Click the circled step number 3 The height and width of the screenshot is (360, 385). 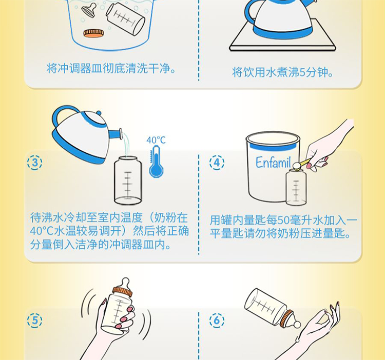point(34,163)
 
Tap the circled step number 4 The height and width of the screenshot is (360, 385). point(217,163)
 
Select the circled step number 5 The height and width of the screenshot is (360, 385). point(34,321)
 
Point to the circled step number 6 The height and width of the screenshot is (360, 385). point(217,321)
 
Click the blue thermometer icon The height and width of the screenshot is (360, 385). point(156,162)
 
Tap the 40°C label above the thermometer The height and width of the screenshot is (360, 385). point(156,140)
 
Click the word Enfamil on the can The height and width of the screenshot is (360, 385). point(273,162)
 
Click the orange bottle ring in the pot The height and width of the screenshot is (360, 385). point(93,33)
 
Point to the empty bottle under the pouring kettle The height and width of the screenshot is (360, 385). point(128,180)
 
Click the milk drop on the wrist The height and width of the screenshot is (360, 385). point(298,339)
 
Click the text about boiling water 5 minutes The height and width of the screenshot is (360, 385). point(283,72)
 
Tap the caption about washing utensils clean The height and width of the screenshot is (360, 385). point(111,68)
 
